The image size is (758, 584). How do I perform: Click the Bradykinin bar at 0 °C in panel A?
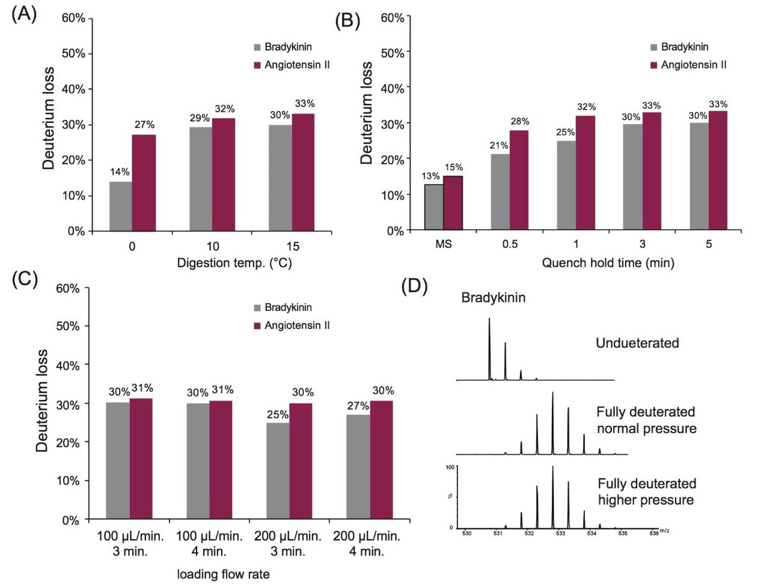click(x=120, y=206)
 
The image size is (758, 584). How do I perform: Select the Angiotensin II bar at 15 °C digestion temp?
click(x=303, y=172)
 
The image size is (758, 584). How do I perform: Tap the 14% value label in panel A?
click(x=120, y=172)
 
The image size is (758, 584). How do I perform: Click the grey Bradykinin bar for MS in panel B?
click(x=434, y=207)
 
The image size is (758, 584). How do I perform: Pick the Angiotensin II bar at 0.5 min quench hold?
click(x=519, y=180)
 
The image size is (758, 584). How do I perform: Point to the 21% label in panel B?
click(x=499, y=146)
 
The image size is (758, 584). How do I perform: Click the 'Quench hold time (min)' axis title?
click(x=608, y=263)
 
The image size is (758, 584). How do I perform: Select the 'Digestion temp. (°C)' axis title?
click(x=234, y=263)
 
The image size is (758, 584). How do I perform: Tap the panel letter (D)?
click(x=414, y=286)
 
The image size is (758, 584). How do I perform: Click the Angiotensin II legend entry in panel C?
click(x=292, y=325)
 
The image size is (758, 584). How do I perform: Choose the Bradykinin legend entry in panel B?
click(x=679, y=47)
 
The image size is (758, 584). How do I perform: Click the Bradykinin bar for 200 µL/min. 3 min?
click(x=278, y=470)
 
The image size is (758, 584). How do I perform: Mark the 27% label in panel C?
click(x=358, y=406)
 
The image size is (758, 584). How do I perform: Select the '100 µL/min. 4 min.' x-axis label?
click(x=209, y=543)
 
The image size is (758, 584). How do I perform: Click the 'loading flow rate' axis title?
click(x=223, y=574)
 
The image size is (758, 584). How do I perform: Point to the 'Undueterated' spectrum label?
click(x=637, y=343)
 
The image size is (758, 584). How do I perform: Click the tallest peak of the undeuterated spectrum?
click(x=489, y=349)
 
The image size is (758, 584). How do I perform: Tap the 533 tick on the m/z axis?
click(x=560, y=533)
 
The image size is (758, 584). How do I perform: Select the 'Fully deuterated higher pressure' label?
click(x=646, y=492)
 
